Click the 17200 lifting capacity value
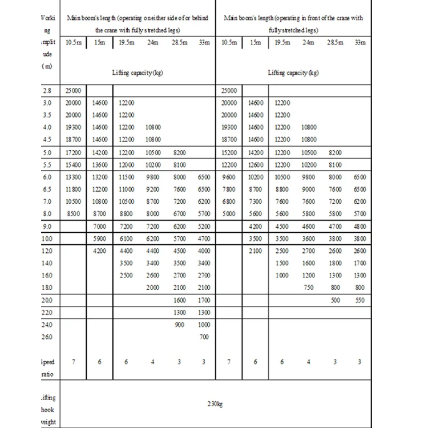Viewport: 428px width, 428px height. tap(73, 152)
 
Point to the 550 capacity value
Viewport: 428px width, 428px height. tap(360, 300)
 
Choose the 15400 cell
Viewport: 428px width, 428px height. tap(73, 164)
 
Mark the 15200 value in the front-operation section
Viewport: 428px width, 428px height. tap(229, 152)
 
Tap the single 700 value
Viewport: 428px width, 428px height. tap(204, 337)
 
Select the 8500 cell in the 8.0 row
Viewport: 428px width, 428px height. tap(73, 213)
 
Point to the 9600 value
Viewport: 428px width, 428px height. tap(229, 177)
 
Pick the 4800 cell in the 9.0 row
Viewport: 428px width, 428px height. tap(360, 226)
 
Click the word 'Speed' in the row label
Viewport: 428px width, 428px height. tap(48, 362)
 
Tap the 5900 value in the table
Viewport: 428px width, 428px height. tap(99, 238)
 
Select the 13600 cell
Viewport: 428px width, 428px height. tap(99, 164)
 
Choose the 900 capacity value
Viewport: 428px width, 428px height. tap(179, 324)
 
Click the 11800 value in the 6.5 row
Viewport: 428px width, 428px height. tap(73, 189)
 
